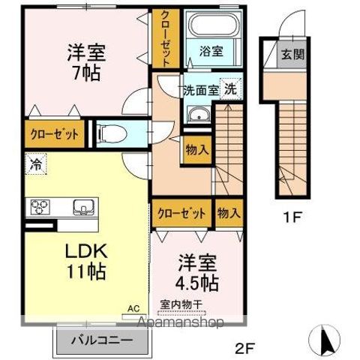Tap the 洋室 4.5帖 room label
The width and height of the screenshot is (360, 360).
198,275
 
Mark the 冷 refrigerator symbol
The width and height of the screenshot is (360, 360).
35,162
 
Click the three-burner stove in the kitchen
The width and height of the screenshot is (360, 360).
40,206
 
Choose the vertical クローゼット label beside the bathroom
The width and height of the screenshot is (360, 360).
163,37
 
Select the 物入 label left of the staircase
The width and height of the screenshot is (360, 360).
196,150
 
